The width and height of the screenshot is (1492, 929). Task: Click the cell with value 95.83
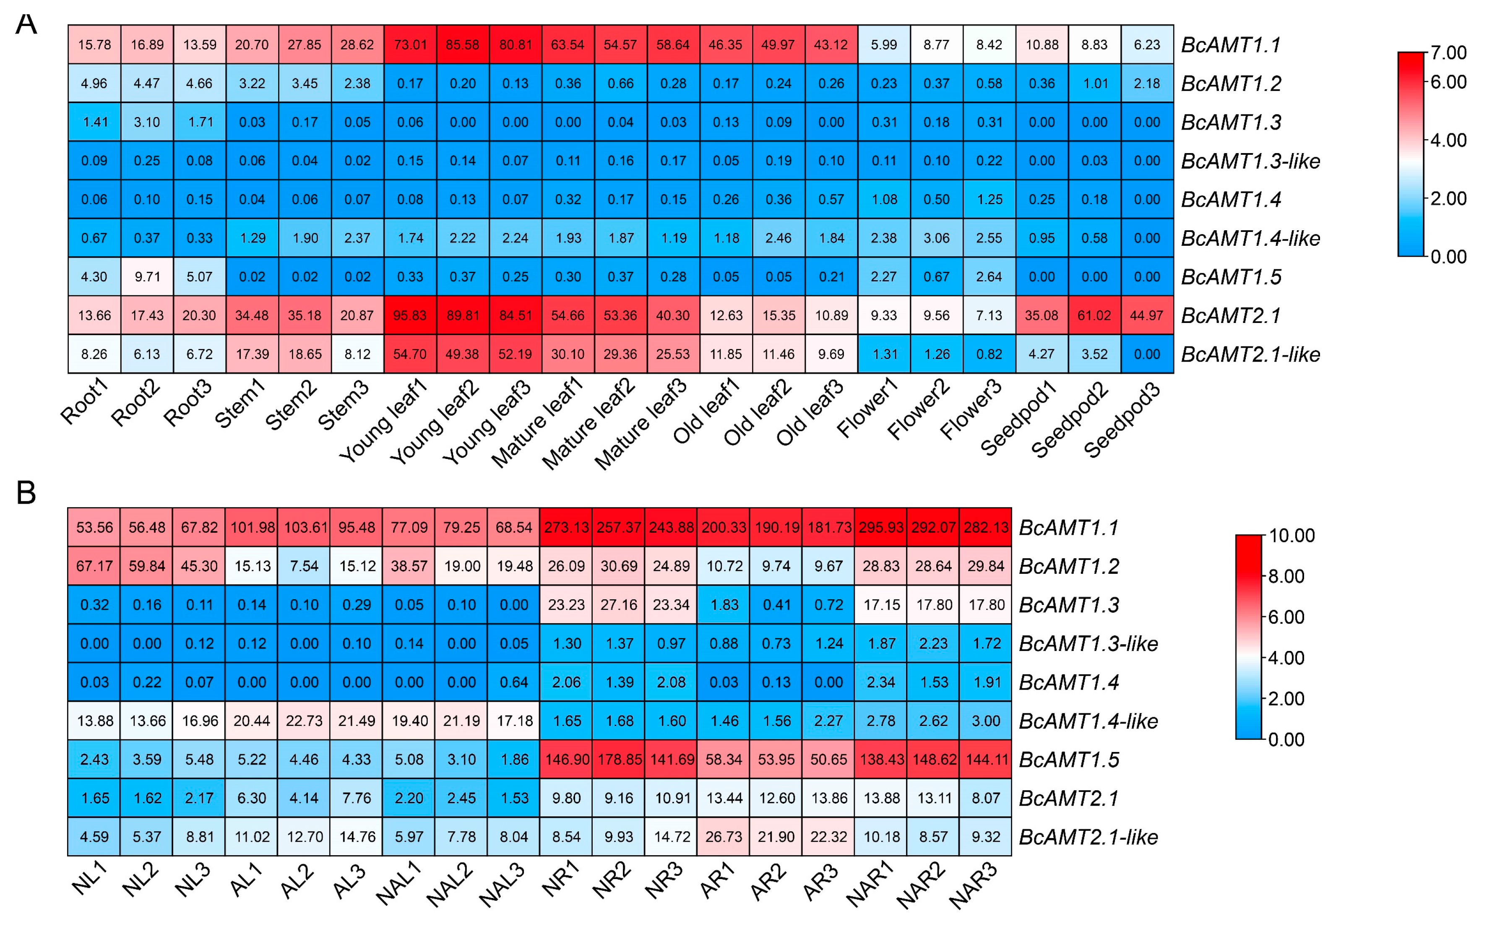[410, 315]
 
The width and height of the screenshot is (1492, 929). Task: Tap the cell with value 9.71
[147, 276]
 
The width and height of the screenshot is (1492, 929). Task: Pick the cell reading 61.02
[1094, 315]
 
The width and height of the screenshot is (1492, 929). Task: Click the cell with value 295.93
[880, 527]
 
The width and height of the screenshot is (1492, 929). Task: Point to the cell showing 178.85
[619, 760]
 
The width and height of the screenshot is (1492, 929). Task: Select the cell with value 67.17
[94, 566]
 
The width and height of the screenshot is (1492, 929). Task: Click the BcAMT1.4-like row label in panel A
[1250, 238]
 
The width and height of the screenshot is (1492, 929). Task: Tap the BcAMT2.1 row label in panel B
[1068, 798]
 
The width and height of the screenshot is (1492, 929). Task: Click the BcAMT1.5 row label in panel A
[1231, 277]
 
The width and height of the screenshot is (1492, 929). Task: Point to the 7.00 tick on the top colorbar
[1448, 53]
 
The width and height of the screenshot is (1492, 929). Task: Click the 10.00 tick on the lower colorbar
[1292, 535]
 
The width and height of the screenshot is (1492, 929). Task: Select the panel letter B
[26, 493]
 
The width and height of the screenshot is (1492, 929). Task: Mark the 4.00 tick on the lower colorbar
[1286, 657]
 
